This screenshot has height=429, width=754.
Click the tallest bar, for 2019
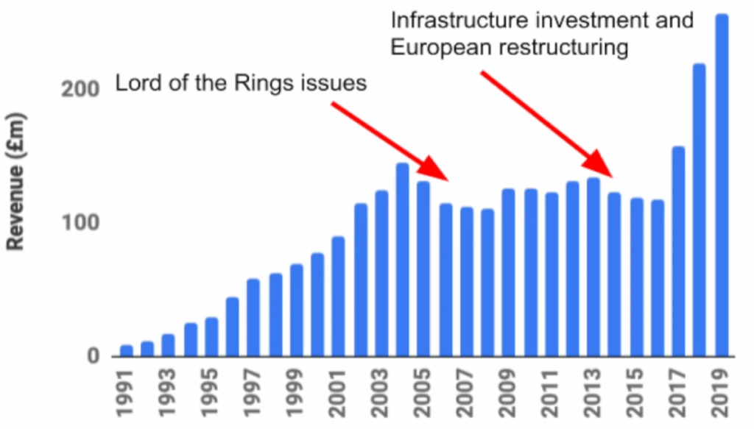[722, 184]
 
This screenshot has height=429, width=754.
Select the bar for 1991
[127, 350]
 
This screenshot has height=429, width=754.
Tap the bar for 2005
[423, 269]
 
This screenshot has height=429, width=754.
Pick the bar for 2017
[678, 251]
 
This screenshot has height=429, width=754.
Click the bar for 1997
[253, 317]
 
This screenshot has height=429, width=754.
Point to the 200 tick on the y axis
[84, 89]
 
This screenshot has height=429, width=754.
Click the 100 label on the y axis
[84, 222]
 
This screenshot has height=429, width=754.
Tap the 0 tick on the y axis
[94, 356]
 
